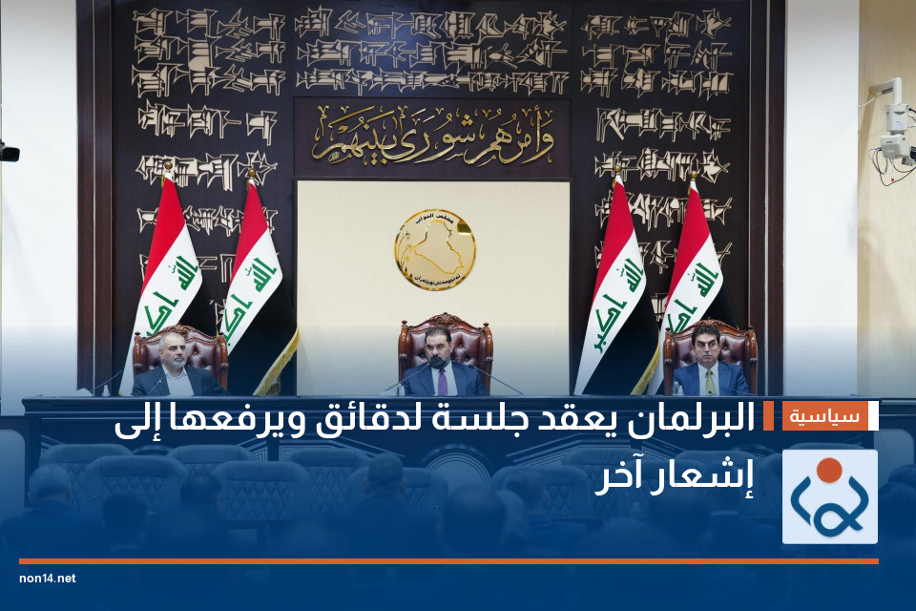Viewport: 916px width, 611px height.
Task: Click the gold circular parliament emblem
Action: coord(434,249)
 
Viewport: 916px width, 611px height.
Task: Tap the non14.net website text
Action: coord(47,579)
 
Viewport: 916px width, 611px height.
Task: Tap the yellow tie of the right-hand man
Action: coord(709,382)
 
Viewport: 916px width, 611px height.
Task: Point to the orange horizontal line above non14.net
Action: coord(448,561)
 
